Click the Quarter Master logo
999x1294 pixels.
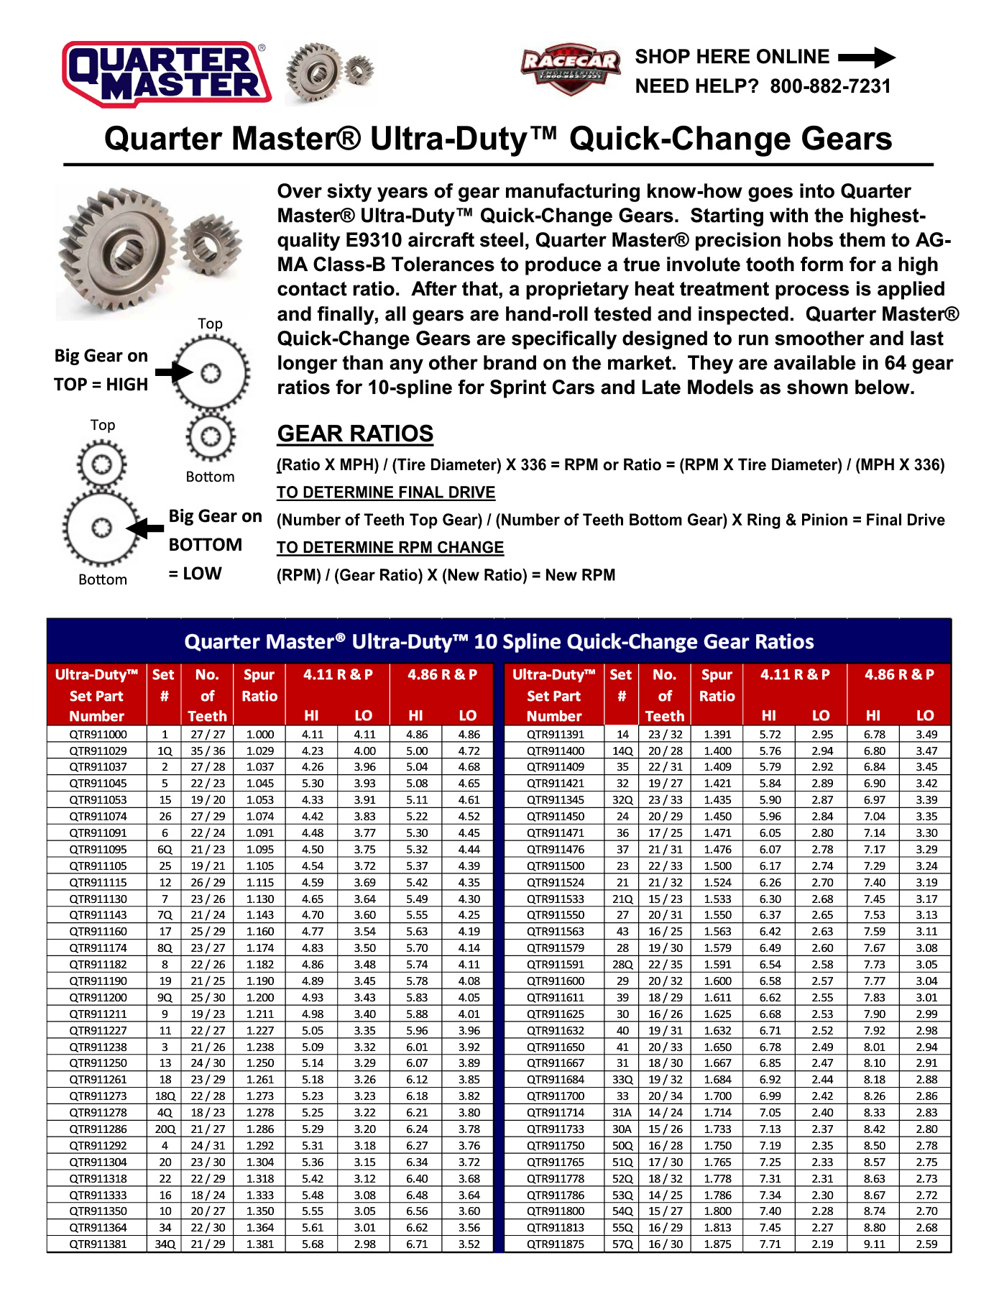tap(167, 73)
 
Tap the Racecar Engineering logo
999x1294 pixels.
tap(571, 68)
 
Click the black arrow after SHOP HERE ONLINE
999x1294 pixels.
tap(867, 58)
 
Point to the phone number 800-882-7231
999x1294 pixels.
tap(830, 87)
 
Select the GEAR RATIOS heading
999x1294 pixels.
tap(355, 434)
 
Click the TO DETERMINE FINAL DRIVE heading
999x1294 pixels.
tap(386, 492)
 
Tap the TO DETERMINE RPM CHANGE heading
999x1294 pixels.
tap(390, 548)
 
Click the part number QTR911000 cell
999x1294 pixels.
tap(98, 735)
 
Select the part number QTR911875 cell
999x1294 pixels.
tap(555, 1244)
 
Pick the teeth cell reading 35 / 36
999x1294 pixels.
tap(208, 751)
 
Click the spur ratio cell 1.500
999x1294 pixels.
tap(717, 866)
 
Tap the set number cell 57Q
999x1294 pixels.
tap(622, 1244)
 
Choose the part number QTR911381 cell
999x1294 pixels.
tap(98, 1244)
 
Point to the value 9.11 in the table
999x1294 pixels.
tap(874, 1244)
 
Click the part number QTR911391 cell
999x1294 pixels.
tap(555, 735)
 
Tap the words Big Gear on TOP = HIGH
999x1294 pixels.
tap(101, 370)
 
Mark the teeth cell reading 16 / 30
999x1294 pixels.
tap(665, 1244)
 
